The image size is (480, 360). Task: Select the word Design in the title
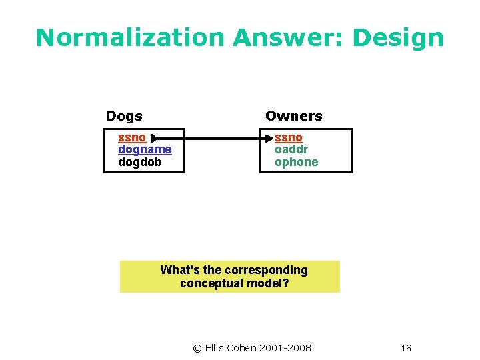397,38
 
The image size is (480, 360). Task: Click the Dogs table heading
124,116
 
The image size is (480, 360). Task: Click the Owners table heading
293,116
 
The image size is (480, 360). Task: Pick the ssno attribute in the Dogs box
131,138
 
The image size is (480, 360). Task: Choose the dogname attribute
145,150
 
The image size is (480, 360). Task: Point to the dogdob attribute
139,162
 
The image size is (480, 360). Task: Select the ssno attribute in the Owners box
288,138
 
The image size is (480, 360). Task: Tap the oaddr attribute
291,150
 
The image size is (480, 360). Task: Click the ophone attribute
296,162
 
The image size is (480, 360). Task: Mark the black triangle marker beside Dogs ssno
155,139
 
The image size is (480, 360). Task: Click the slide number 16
406,348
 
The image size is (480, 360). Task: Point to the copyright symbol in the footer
197,348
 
